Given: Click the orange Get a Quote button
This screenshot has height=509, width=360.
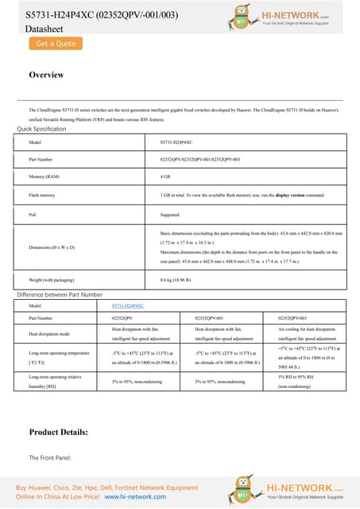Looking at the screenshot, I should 56,44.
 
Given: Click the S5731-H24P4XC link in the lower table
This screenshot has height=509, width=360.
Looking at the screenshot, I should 129,305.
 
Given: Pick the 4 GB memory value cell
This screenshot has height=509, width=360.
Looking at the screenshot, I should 166,176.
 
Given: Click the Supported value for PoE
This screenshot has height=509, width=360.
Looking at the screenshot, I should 170,214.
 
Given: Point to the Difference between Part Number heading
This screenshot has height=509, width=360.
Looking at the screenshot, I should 60,294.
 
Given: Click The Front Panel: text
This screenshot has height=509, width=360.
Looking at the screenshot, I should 50,459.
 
